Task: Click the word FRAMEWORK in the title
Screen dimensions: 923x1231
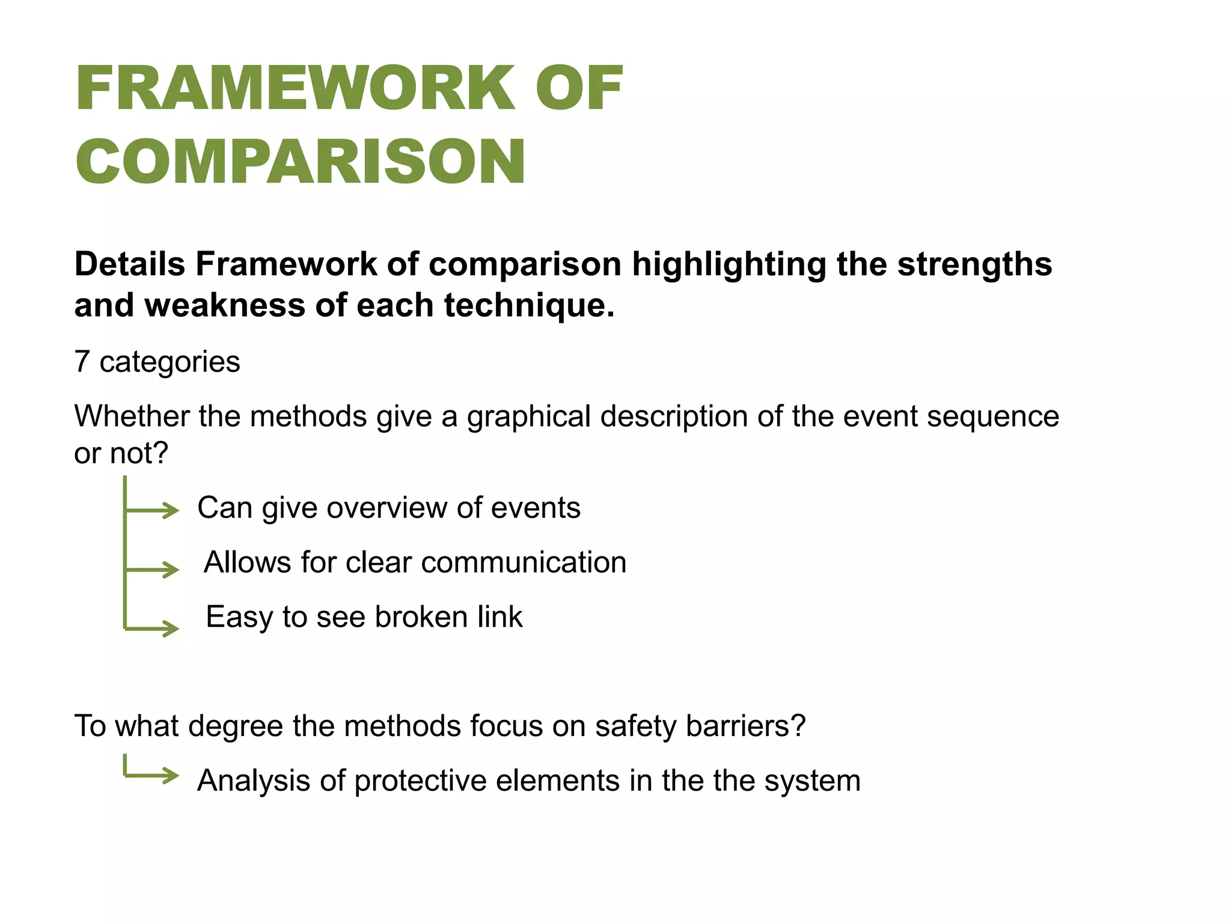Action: (x=295, y=88)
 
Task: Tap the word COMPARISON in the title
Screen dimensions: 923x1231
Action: (x=301, y=161)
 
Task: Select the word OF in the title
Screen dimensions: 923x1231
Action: (x=579, y=88)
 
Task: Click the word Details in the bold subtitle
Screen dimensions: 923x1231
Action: (x=129, y=264)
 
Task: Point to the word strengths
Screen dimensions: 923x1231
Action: (x=974, y=264)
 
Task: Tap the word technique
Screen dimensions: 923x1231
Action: (x=529, y=306)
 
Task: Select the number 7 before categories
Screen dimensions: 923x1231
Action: (x=82, y=362)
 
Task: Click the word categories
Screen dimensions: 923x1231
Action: (x=170, y=362)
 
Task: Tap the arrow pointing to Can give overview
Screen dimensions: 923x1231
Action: (x=153, y=511)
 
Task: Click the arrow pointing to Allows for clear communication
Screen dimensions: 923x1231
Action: (x=153, y=569)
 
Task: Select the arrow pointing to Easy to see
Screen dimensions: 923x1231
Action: (x=153, y=629)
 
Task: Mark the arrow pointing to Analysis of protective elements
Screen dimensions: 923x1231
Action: (x=153, y=775)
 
